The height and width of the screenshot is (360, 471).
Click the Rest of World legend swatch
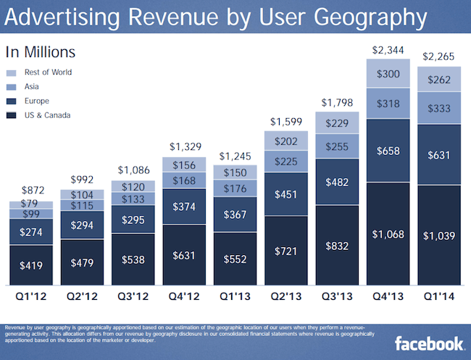(12, 72)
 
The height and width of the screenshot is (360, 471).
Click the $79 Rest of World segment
(30, 204)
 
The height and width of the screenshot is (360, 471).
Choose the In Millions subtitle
(41, 52)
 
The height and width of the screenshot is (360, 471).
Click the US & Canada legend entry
(46, 115)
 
